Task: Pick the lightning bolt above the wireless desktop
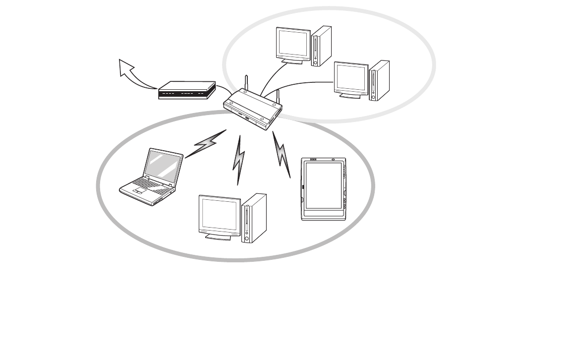pyautogui.click(x=239, y=159)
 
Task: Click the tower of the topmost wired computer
pyautogui.click(x=321, y=46)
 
